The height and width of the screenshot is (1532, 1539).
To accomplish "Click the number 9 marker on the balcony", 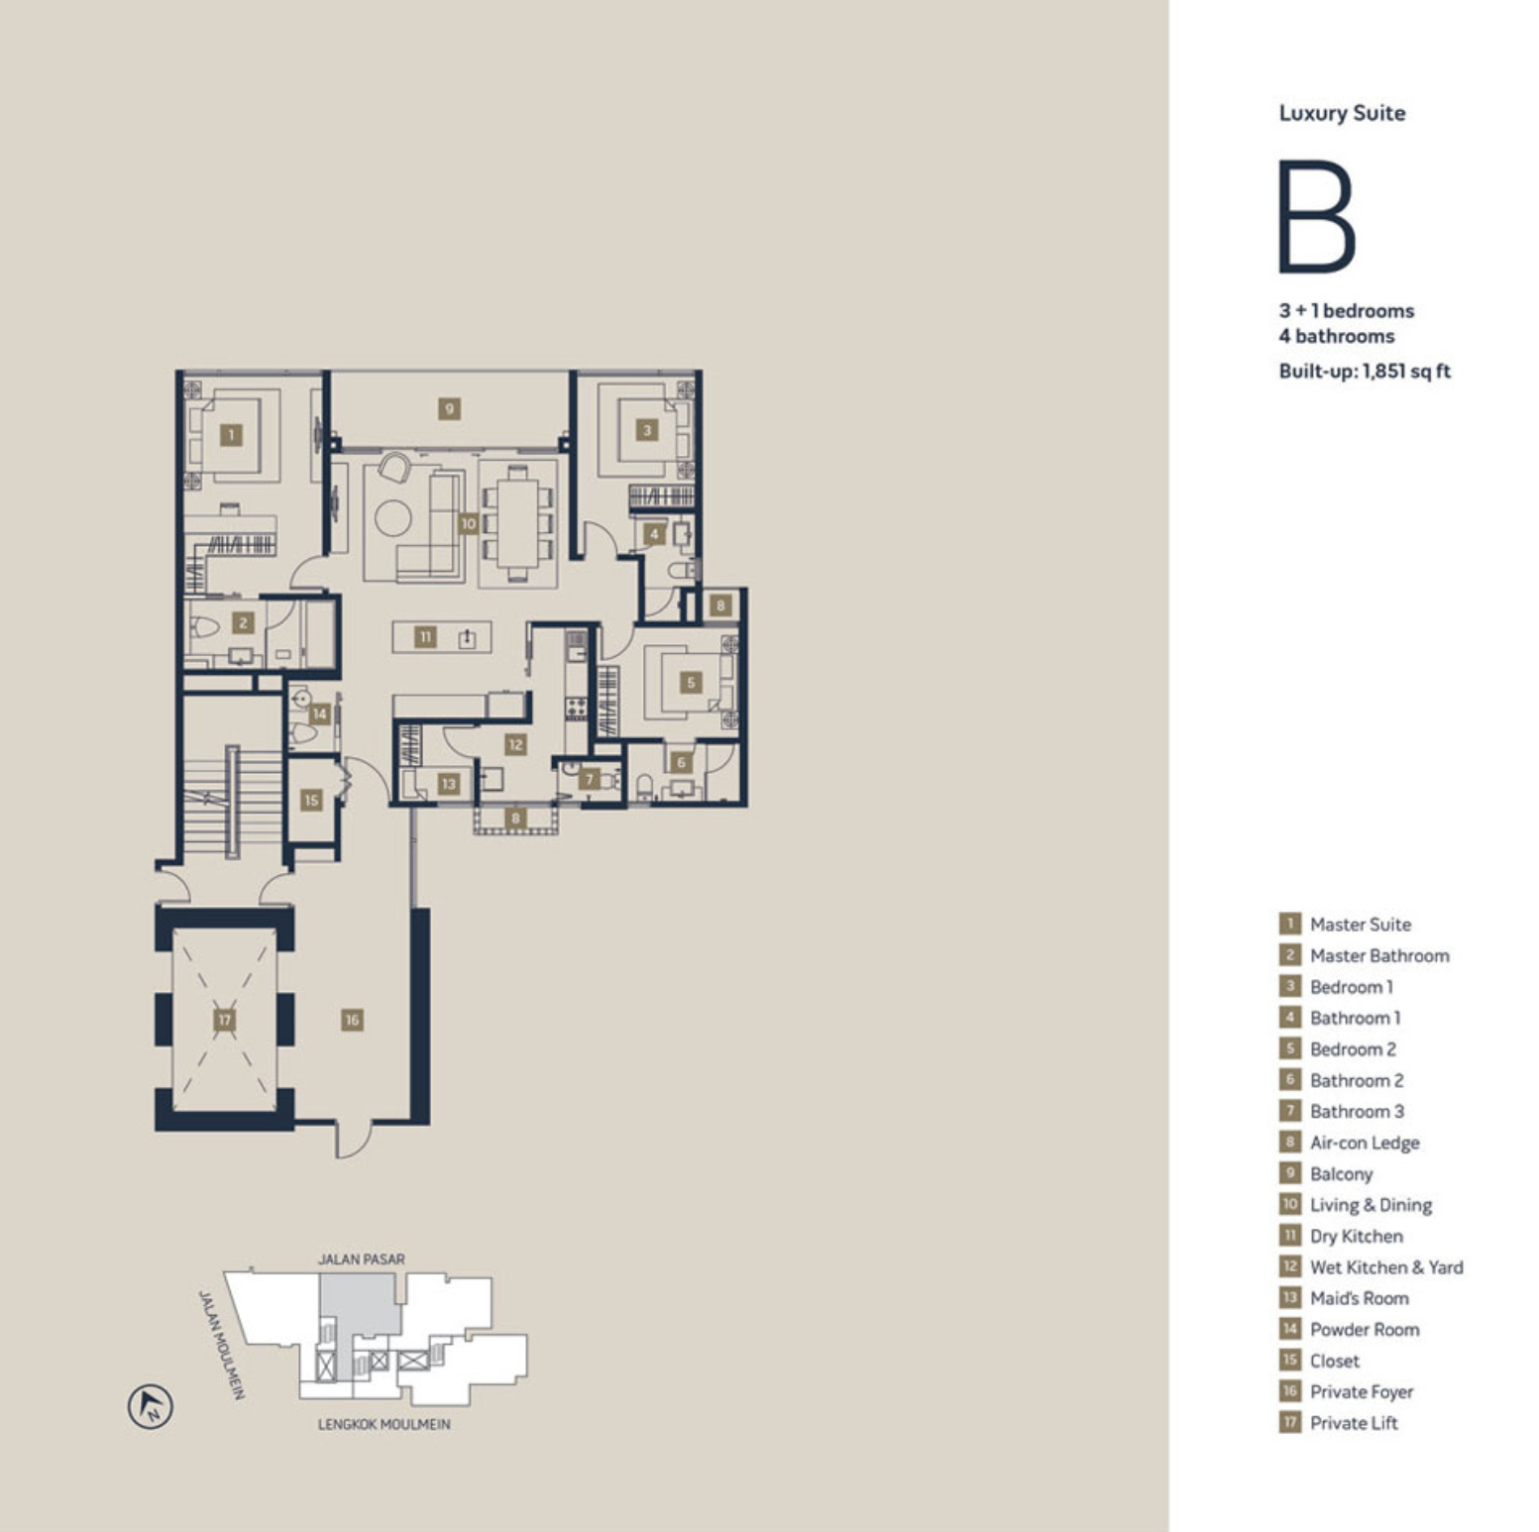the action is [449, 408].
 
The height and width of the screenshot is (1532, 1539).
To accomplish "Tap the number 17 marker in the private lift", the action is [225, 1020].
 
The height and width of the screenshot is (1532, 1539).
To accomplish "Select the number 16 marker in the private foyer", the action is [352, 1020].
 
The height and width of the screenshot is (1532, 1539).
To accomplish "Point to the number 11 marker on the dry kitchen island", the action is [425, 636].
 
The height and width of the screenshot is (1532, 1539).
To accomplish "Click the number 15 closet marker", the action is [312, 800].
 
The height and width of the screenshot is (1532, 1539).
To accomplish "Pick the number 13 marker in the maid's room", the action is [449, 784].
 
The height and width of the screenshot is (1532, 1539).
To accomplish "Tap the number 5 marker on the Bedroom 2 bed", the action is [691, 682].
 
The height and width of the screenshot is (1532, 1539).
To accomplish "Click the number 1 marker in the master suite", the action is [232, 434].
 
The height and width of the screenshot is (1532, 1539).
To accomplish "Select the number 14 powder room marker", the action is [319, 713].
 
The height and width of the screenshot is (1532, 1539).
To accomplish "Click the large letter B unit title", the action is [1317, 216].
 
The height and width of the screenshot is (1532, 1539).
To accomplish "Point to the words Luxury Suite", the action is [1342, 113].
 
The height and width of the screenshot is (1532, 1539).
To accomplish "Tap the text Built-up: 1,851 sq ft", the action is [1365, 372].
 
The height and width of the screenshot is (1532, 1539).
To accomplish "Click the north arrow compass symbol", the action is [151, 1406].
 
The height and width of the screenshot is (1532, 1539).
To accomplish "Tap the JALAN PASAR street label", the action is [362, 1259].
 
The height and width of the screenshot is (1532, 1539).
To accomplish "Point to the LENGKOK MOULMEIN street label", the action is [384, 1424].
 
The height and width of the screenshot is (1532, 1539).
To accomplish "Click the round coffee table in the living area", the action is [393, 517].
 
